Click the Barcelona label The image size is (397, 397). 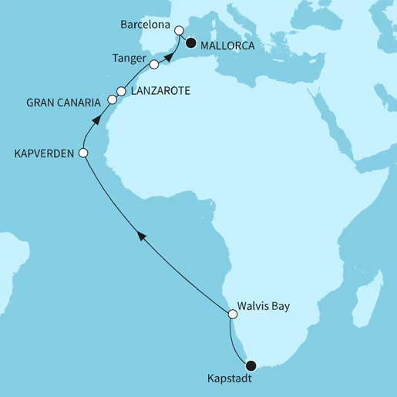click(x=149, y=25)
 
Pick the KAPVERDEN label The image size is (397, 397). click(x=42, y=153)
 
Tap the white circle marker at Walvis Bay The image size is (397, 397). click(x=233, y=314)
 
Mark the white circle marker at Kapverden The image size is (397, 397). click(x=84, y=153)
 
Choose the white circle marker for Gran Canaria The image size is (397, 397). click(x=113, y=100)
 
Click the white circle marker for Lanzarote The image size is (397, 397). click(x=121, y=91)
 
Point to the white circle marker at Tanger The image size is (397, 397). click(x=154, y=65)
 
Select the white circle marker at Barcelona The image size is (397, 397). click(x=179, y=31)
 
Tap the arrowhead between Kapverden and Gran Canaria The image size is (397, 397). click(x=96, y=119)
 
